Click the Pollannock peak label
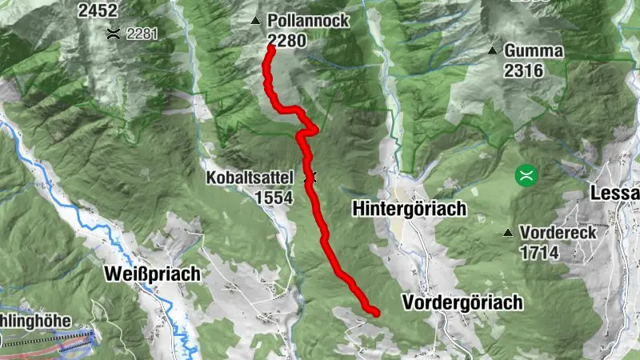click(309, 21)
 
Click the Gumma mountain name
click(534, 51)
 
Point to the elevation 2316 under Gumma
click(524, 70)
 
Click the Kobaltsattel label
click(250, 177)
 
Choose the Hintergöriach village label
click(409, 210)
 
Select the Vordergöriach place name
click(463, 302)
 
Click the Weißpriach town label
click(152, 274)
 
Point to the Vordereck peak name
click(558, 233)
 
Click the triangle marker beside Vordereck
click(508, 234)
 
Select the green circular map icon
click(526, 173)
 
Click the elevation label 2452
click(98, 10)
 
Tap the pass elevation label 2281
click(143, 34)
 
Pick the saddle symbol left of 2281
click(114, 34)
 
